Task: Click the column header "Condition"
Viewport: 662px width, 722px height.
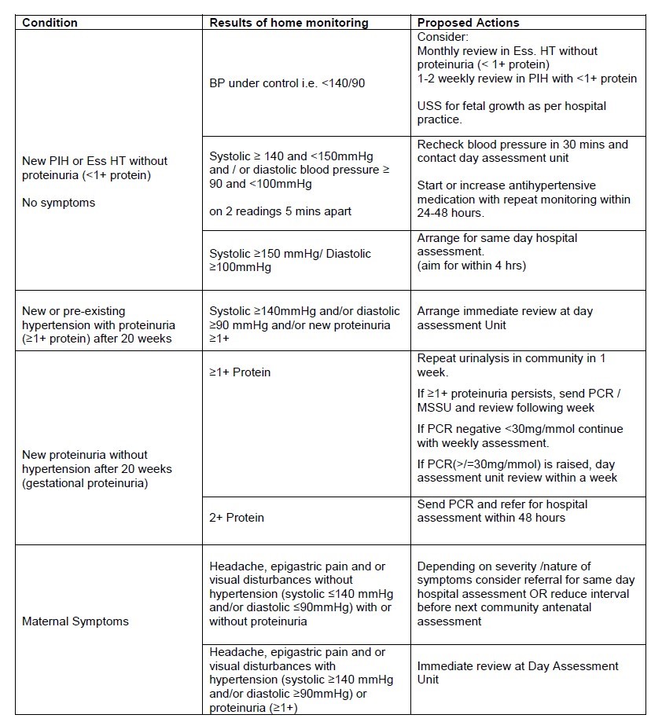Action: point(50,23)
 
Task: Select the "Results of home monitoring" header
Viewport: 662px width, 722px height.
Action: point(289,23)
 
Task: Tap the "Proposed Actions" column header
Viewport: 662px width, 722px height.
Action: point(468,23)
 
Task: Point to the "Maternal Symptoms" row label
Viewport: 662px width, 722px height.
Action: point(75,621)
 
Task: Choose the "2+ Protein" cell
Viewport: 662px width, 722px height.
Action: point(237,518)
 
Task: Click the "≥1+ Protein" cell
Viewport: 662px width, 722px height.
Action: point(240,372)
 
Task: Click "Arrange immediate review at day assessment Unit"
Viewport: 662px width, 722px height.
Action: point(505,318)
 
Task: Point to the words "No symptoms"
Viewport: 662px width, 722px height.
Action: point(58,203)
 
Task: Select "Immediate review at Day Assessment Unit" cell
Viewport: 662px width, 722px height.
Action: point(517,673)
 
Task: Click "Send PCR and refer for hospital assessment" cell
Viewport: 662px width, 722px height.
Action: point(502,511)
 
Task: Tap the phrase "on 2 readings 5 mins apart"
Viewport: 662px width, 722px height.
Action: point(280,211)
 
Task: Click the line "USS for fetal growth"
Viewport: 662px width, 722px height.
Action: point(511,106)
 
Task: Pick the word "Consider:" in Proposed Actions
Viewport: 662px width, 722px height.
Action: point(443,37)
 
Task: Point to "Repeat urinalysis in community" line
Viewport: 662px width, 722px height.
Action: point(511,358)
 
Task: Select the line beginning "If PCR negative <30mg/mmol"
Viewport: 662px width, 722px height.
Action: point(520,429)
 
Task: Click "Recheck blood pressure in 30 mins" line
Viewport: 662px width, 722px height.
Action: point(522,145)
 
